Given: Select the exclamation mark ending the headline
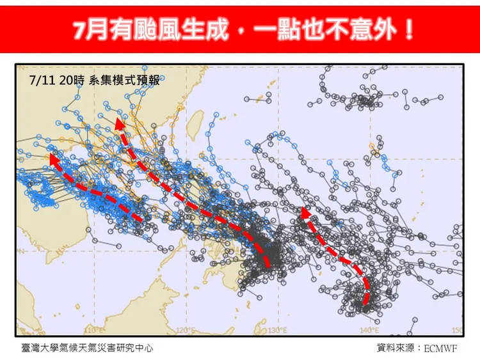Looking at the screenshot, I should [x=408, y=29].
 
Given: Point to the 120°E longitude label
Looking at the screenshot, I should [x=185, y=330].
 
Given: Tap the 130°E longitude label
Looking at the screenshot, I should [x=276, y=330].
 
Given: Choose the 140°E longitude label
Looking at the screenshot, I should [x=369, y=330].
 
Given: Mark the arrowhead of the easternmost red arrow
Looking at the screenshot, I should [x=305, y=212].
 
